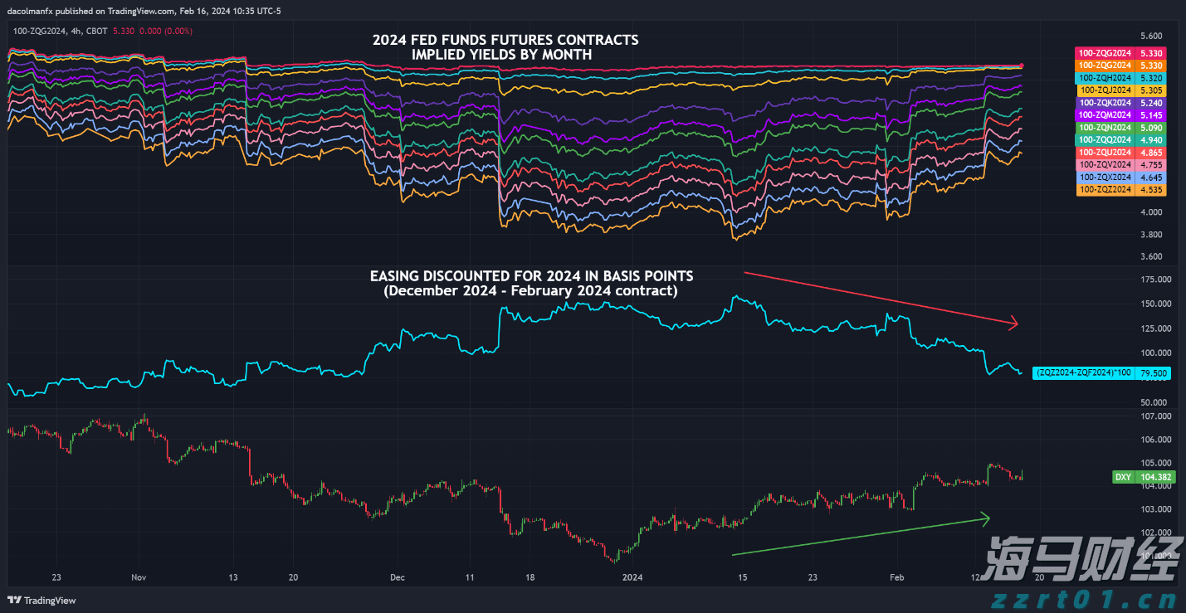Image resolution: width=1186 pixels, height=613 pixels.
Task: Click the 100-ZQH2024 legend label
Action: click(1105, 77)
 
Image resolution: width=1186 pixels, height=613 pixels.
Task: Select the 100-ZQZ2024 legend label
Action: click(1105, 190)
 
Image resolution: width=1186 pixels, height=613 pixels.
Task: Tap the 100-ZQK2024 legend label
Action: click(1105, 102)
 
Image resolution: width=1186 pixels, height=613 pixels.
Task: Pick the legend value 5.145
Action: click(1151, 114)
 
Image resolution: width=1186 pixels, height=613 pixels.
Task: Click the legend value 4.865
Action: click(1151, 153)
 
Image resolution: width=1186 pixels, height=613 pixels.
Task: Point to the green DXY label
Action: click(1123, 477)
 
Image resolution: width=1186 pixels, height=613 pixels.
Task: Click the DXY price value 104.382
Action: click(1152, 477)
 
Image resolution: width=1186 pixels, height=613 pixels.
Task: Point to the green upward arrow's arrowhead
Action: click(986, 519)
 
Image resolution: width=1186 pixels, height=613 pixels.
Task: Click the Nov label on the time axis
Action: click(139, 577)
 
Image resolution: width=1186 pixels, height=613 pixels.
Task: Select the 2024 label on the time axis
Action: click(633, 577)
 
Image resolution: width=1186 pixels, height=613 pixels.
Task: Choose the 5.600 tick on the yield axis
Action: click(1151, 36)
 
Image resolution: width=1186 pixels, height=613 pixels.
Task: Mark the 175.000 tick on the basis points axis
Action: click(1150, 280)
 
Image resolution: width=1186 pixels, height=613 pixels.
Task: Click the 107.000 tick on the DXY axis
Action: click(1150, 416)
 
